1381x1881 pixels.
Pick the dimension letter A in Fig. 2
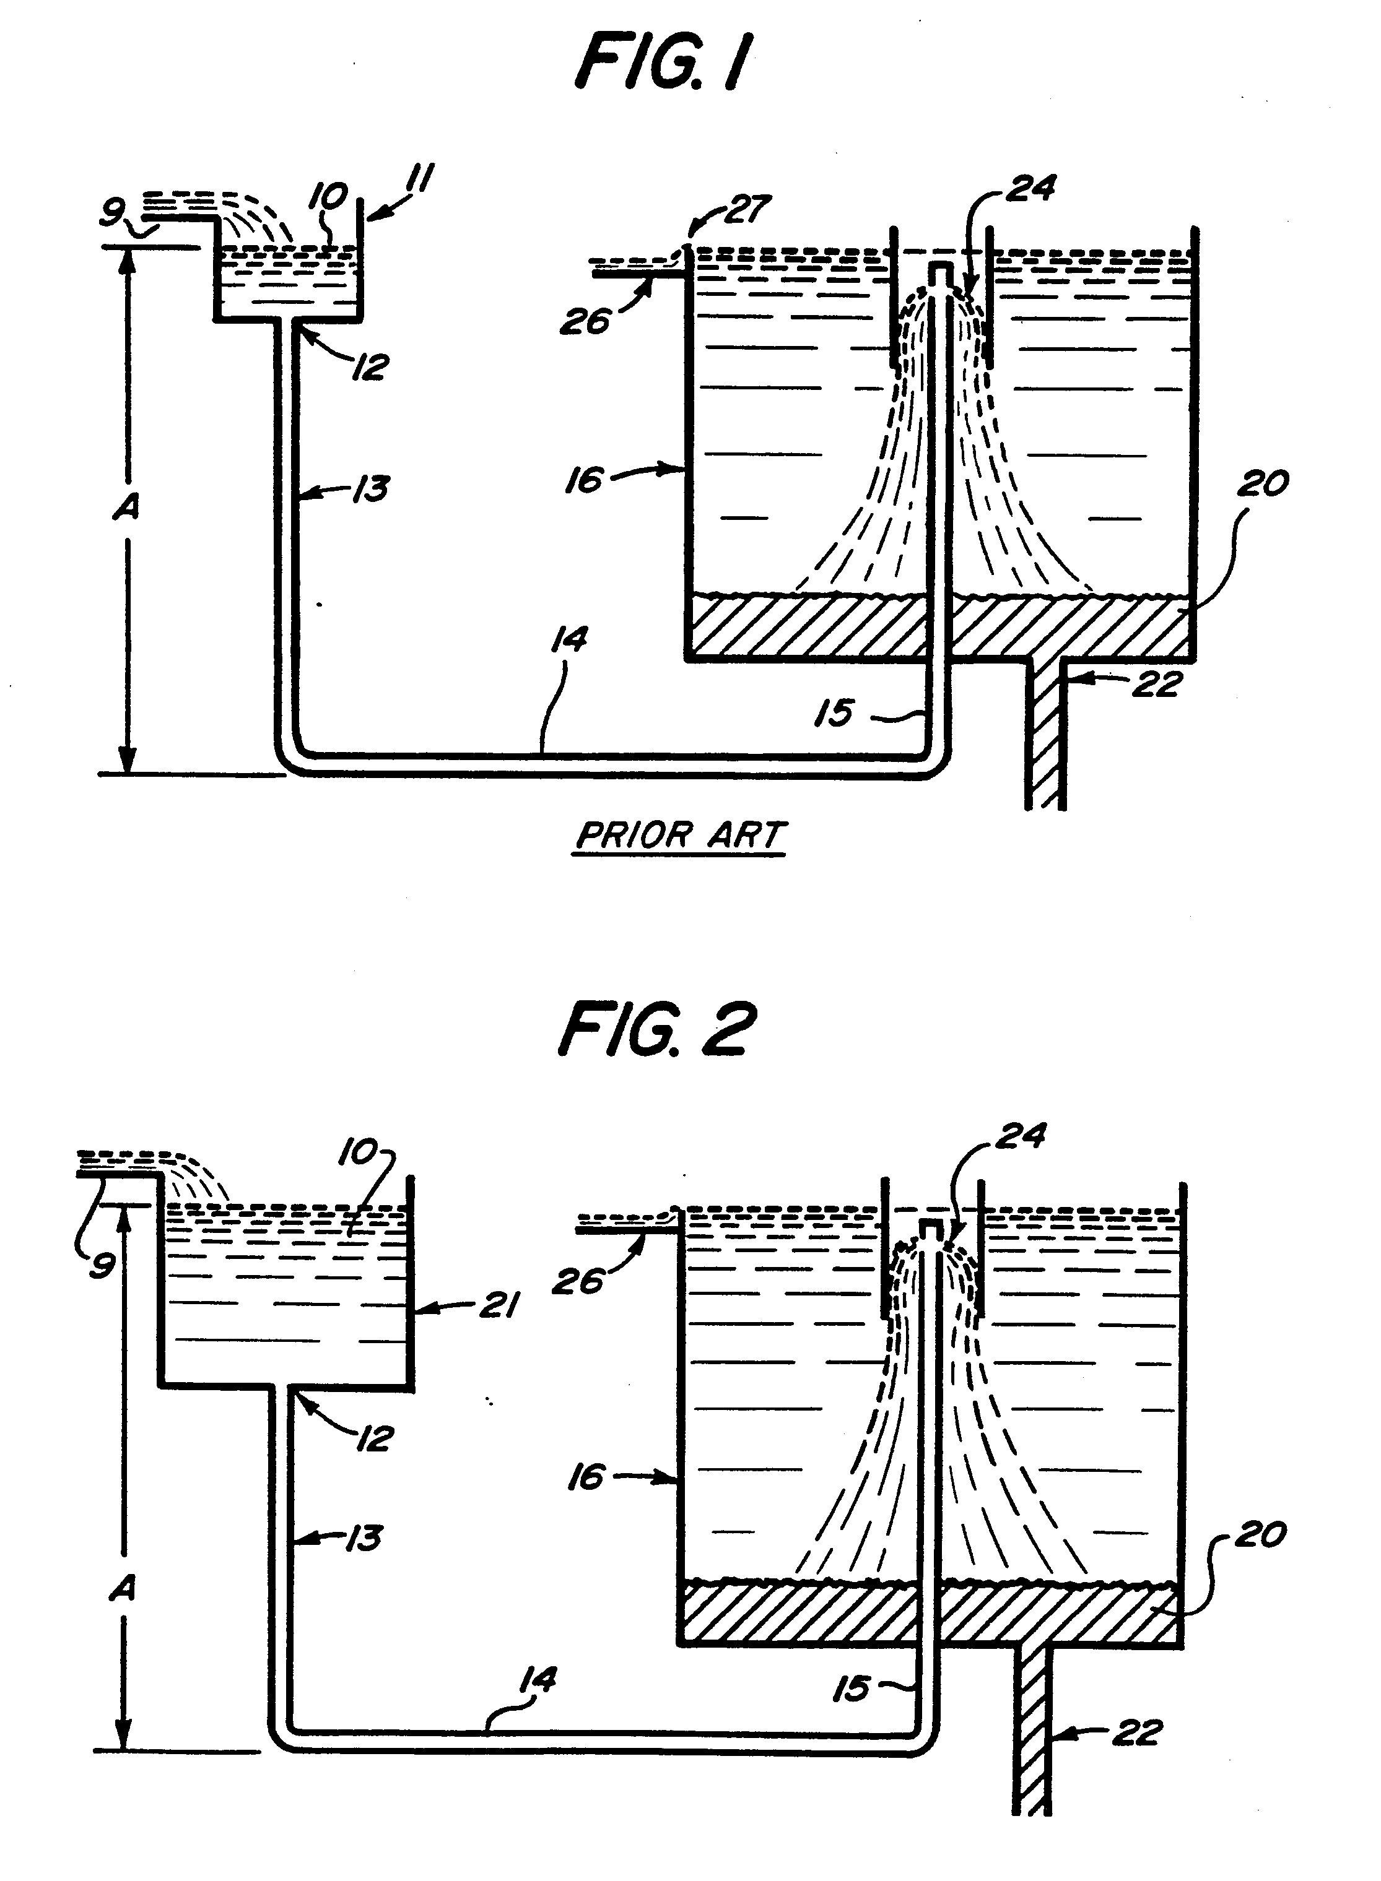[x=123, y=1588]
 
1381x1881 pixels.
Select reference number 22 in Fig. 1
[x=1159, y=685]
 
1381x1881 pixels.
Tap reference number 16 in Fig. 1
[x=585, y=480]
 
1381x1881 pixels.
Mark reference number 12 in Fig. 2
[x=373, y=1439]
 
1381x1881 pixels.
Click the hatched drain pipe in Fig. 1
[x=1045, y=735]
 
